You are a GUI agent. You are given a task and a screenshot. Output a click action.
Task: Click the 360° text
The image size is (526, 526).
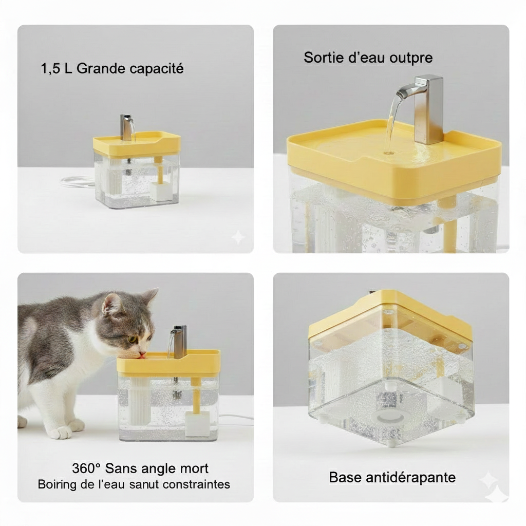(86, 468)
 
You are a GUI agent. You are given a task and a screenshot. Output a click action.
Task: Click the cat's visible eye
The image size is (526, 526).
(133, 339)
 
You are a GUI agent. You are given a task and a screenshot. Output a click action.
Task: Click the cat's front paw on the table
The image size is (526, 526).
(62, 433)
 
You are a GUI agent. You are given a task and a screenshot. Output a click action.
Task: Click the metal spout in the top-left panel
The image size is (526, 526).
(126, 126)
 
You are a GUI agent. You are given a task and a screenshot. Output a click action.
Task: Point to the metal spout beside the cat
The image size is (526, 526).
(179, 341)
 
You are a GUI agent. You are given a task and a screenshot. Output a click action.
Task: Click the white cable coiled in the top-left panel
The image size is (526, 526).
(77, 181)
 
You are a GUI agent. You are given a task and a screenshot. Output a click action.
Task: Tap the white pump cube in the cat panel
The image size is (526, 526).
(197, 424)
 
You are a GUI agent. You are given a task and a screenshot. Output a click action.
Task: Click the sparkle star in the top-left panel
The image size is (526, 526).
(238, 237)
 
